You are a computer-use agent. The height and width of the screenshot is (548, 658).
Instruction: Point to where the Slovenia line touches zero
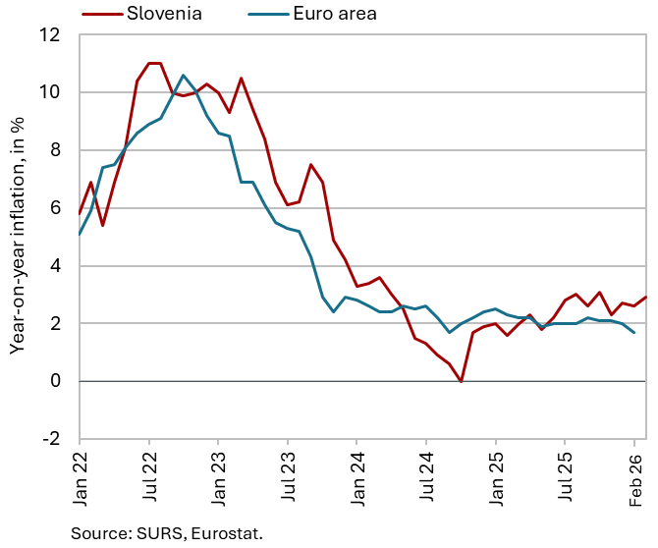pyautogui.click(x=461, y=381)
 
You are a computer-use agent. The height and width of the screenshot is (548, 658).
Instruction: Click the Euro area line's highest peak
pyautogui.click(x=183, y=76)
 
